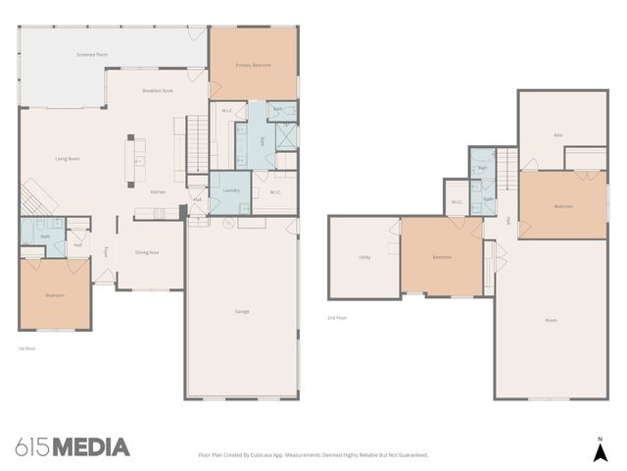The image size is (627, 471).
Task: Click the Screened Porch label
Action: pyautogui.click(x=92, y=55)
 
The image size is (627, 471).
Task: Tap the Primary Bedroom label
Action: pyautogui.click(x=253, y=65)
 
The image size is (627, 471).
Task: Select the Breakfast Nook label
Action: pyautogui.click(x=157, y=90)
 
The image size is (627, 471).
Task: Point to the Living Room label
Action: pyautogui.click(x=67, y=158)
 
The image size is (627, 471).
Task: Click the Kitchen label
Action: pyautogui.click(x=158, y=191)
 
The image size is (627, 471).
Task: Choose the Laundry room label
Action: pyautogui.click(x=231, y=189)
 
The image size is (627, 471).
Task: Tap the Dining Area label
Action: pyautogui.click(x=147, y=252)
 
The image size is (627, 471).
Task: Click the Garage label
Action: pyautogui.click(x=241, y=311)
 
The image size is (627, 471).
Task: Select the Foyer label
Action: pyautogui.click(x=106, y=251)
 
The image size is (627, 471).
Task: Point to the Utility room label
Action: pyautogui.click(x=364, y=257)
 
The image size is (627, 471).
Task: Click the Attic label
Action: pyautogui.click(x=557, y=135)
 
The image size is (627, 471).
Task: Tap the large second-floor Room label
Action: pyautogui.click(x=551, y=320)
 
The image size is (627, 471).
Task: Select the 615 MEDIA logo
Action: pyautogui.click(x=72, y=447)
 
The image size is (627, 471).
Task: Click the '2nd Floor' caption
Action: pyautogui.click(x=337, y=317)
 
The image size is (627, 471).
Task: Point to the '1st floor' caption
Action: pyautogui.click(x=27, y=347)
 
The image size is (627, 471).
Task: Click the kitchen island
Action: pyautogui.click(x=139, y=159)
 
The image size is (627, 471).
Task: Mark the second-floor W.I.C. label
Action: pyautogui.click(x=457, y=202)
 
